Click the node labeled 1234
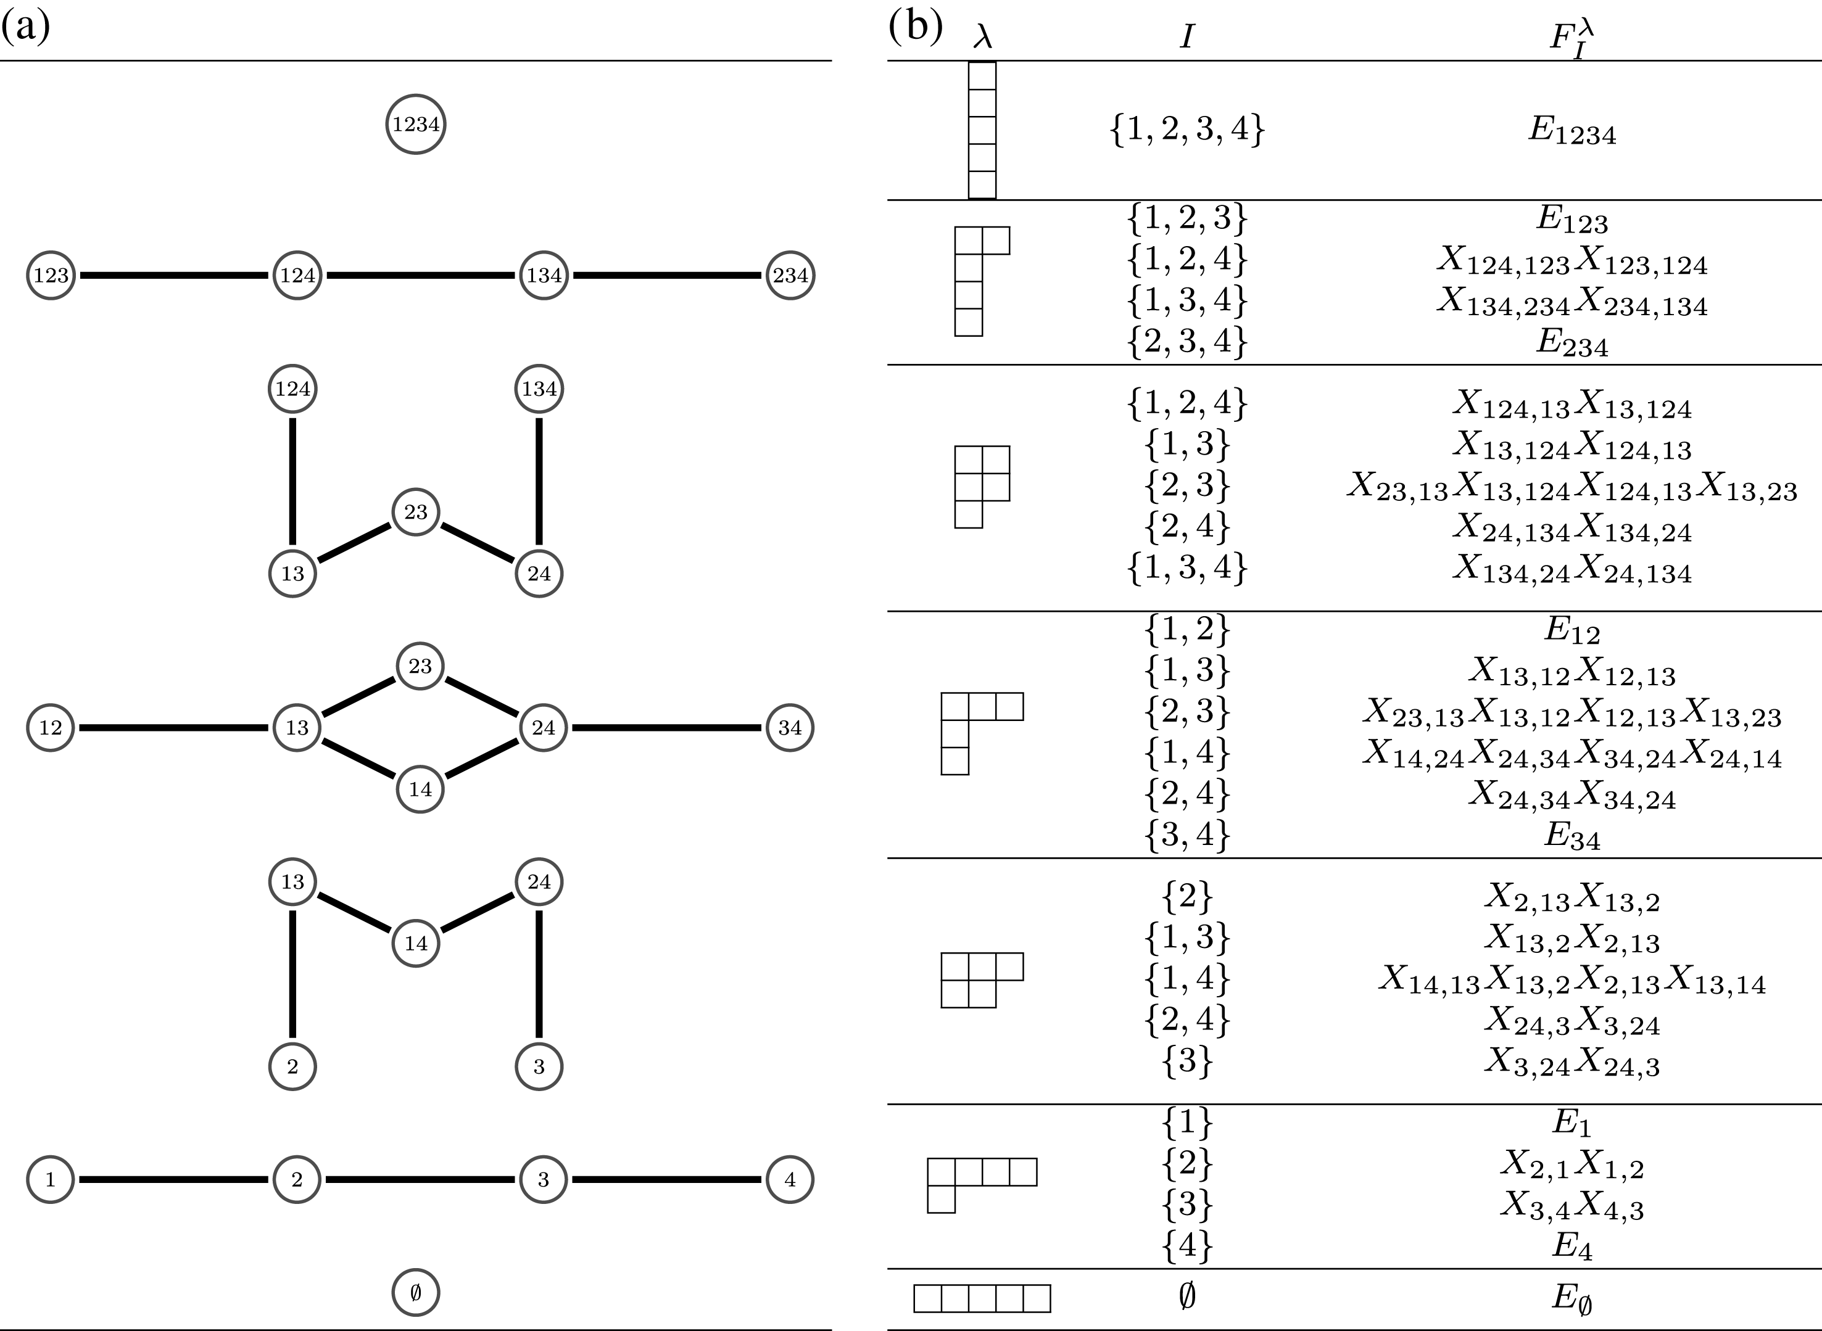point(415,125)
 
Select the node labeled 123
point(51,276)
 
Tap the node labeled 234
point(790,276)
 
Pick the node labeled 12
point(51,728)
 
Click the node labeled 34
point(790,728)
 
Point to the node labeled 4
point(790,1179)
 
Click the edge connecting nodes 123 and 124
point(174,276)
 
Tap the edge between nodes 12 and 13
point(174,728)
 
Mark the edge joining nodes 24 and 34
point(666,728)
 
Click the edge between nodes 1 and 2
point(174,1179)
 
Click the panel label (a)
point(26,26)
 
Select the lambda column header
point(982,36)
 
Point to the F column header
point(1571,39)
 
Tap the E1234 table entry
point(1571,131)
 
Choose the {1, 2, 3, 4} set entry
point(1187,129)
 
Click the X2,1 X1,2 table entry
point(1571,1165)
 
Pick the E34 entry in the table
point(1571,836)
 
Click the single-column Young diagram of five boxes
point(982,131)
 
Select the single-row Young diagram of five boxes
point(982,1298)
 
